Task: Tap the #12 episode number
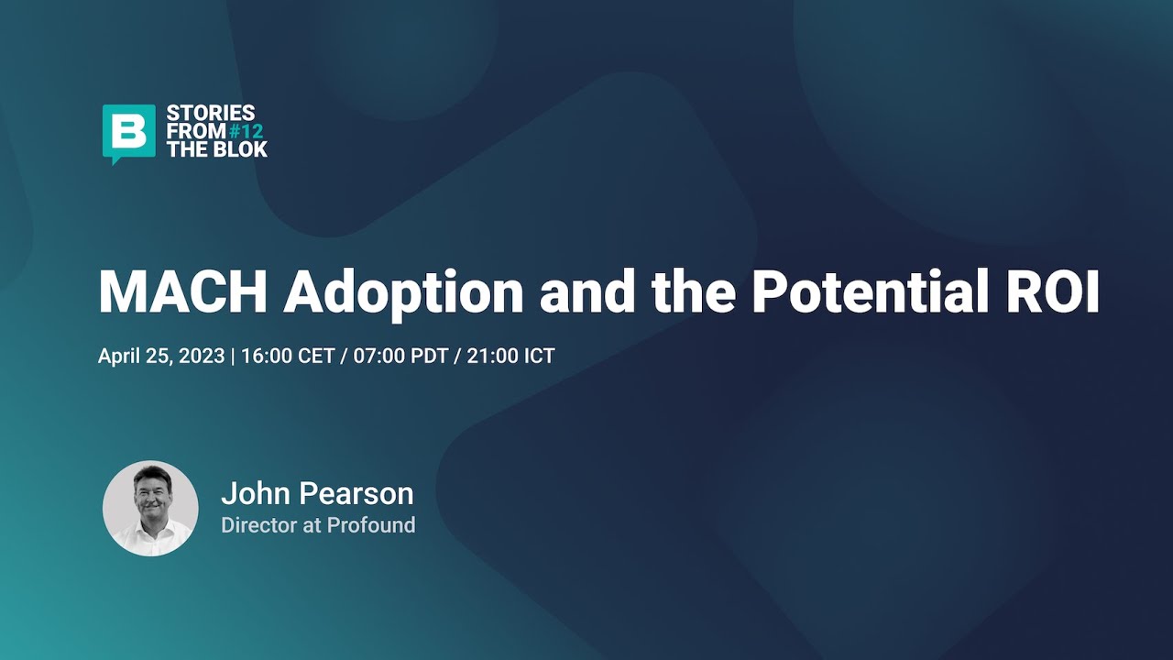coord(246,131)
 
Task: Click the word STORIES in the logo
coord(211,114)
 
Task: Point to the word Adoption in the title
coord(403,291)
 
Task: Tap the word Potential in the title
coord(856,291)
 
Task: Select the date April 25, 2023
coord(161,356)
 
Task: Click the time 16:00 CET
coord(288,356)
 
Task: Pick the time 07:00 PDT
coord(400,356)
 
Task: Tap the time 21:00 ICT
coord(510,356)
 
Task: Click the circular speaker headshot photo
coord(150,508)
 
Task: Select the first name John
coord(255,494)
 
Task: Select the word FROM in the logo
coord(196,131)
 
